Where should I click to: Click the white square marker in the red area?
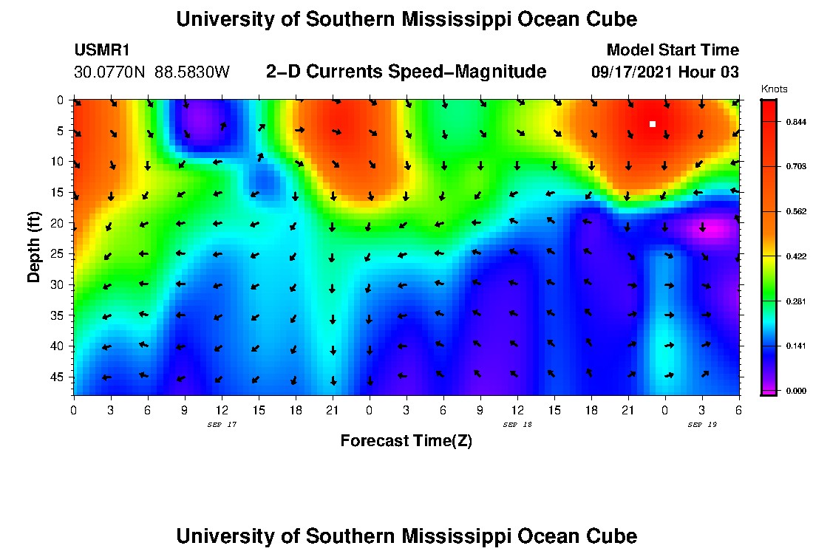(x=653, y=124)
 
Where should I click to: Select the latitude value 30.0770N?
(x=110, y=72)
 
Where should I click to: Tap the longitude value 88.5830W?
(x=192, y=72)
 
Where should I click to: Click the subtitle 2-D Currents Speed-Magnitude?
(x=406, y=72)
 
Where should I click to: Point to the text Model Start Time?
(x=672, y=50)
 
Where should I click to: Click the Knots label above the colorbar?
(x=774, y=89)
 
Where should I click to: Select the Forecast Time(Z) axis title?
(x=406, y=441)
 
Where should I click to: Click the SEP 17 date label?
(x=221, y=425)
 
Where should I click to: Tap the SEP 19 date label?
(x=701, y=425)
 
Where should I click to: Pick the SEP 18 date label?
(x=517, y=425)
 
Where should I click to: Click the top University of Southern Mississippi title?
(x=406, y=19)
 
